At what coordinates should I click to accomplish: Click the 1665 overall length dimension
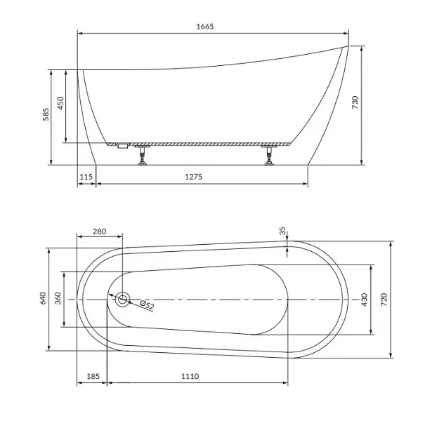pos(205,27)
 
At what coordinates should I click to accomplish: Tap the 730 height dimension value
pos(355,102)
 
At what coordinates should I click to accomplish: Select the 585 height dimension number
pos(46,114)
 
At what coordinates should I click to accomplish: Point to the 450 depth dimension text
pos(60,103)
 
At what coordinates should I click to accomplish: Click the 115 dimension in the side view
pos(86,177)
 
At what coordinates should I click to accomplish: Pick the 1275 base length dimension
pos(194,177)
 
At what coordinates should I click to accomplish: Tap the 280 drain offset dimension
pos(100,232)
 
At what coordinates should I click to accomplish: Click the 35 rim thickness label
pos(282,231)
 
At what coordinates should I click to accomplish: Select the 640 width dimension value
pos(43,298)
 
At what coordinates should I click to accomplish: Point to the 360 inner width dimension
pos(58,298)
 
